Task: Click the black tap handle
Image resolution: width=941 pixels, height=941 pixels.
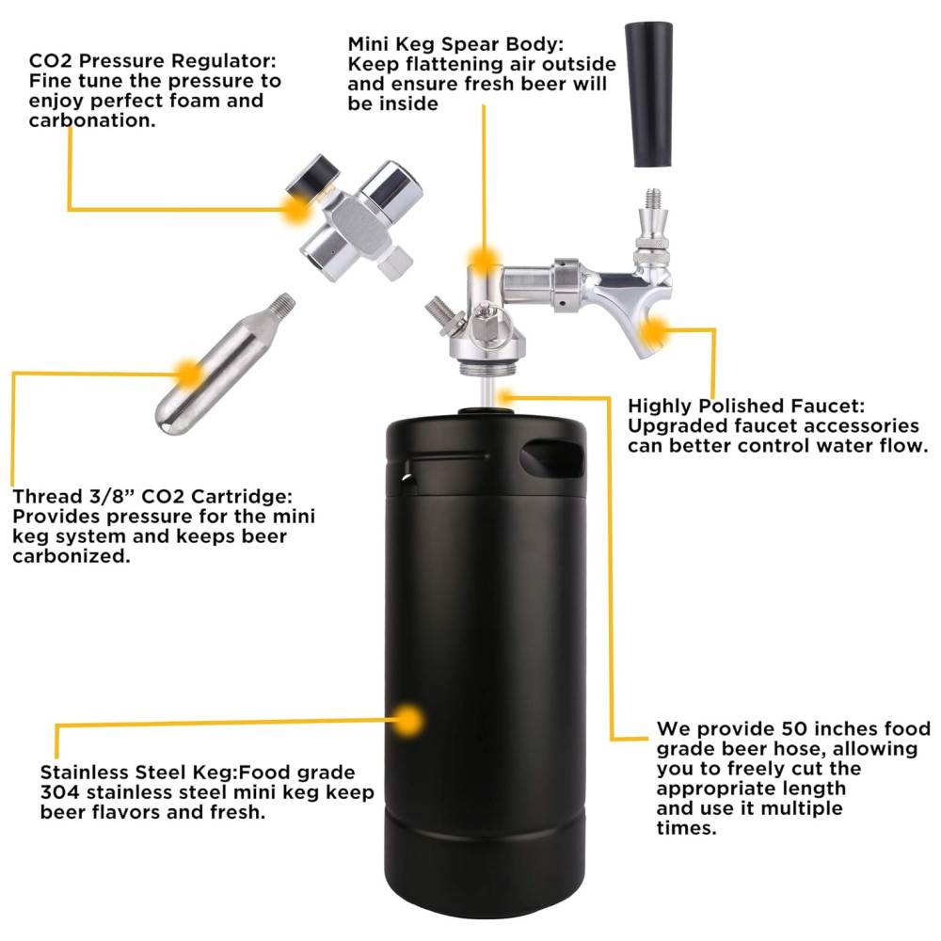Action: tap(648, 95)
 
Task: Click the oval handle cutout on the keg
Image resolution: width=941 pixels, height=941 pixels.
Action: tap(551, 458)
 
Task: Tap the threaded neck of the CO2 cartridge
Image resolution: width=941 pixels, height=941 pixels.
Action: tap(281, 304)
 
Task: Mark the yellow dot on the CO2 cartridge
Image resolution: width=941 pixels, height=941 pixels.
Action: tap(189, 374)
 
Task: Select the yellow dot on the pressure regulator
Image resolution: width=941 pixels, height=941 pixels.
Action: tap(295, 210)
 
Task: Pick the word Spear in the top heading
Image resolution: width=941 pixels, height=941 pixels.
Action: tap(473, 44)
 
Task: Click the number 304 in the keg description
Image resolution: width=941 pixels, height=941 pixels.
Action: tap(60, 792)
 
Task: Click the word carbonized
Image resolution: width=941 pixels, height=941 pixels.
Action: tap(72, 556)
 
